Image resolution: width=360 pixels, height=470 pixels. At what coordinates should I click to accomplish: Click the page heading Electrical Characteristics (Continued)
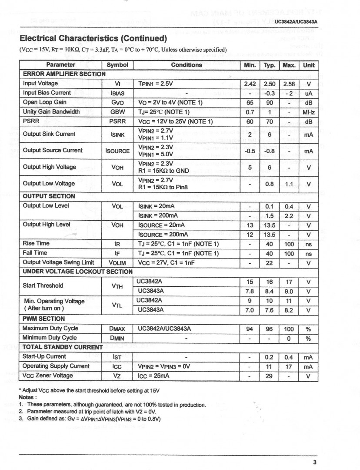93,38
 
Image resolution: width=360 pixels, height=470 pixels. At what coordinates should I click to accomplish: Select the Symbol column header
117,65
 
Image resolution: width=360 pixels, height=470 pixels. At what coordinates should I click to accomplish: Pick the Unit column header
309,65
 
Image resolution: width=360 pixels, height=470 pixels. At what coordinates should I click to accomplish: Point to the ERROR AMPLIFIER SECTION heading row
64,74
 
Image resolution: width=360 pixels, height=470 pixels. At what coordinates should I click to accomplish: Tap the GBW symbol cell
117,112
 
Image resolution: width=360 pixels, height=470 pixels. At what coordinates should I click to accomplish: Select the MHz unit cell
309,112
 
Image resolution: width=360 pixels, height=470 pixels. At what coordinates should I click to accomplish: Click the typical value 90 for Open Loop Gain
270,103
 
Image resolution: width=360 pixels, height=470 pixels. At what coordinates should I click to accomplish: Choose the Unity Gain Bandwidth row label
51,112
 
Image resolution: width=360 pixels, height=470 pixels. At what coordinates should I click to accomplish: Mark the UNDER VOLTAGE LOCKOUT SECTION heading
77,272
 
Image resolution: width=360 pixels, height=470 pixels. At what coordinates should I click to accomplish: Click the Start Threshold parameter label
43,286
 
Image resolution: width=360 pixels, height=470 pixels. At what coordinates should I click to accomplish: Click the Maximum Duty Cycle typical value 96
270,329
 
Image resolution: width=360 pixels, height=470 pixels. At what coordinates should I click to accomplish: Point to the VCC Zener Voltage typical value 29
270,376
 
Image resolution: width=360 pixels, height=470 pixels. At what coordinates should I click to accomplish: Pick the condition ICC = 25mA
153,376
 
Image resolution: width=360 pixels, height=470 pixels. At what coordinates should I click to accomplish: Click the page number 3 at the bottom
314,462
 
